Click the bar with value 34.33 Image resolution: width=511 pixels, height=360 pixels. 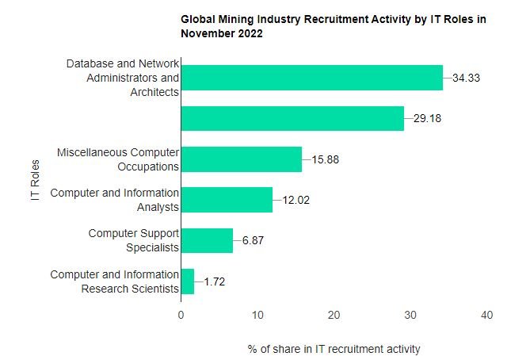click(x=311, y=78)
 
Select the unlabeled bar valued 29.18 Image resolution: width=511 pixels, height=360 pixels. click(x=292, y=118)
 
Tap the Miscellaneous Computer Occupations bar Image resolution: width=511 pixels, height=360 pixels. click(x=241, y=159)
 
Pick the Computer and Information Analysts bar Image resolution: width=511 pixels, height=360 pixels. click(x=227, y=200)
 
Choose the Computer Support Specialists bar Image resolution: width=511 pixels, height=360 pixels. click(x=207, y=240)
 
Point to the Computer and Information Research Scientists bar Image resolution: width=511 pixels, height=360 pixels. click(x=188, y=281)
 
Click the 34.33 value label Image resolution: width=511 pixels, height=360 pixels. click(x=467, y=78)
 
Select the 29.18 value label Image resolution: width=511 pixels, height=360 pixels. click(x=429, y=119)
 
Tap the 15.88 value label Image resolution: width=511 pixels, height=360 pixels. click(x=326, y=159)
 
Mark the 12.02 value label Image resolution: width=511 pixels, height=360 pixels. click(x=296, y=201)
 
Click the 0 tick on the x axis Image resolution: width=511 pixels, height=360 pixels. click(x=181, y=315)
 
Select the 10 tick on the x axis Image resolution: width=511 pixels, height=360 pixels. click(x=257, y=315)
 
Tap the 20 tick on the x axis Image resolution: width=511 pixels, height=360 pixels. click(x=334, y=315)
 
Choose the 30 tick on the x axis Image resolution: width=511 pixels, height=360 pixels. click(x=410, y=315)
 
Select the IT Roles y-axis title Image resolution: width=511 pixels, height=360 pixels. click(x=36, y=180)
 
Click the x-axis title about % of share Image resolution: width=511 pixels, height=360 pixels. click(x=334, y=349)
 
